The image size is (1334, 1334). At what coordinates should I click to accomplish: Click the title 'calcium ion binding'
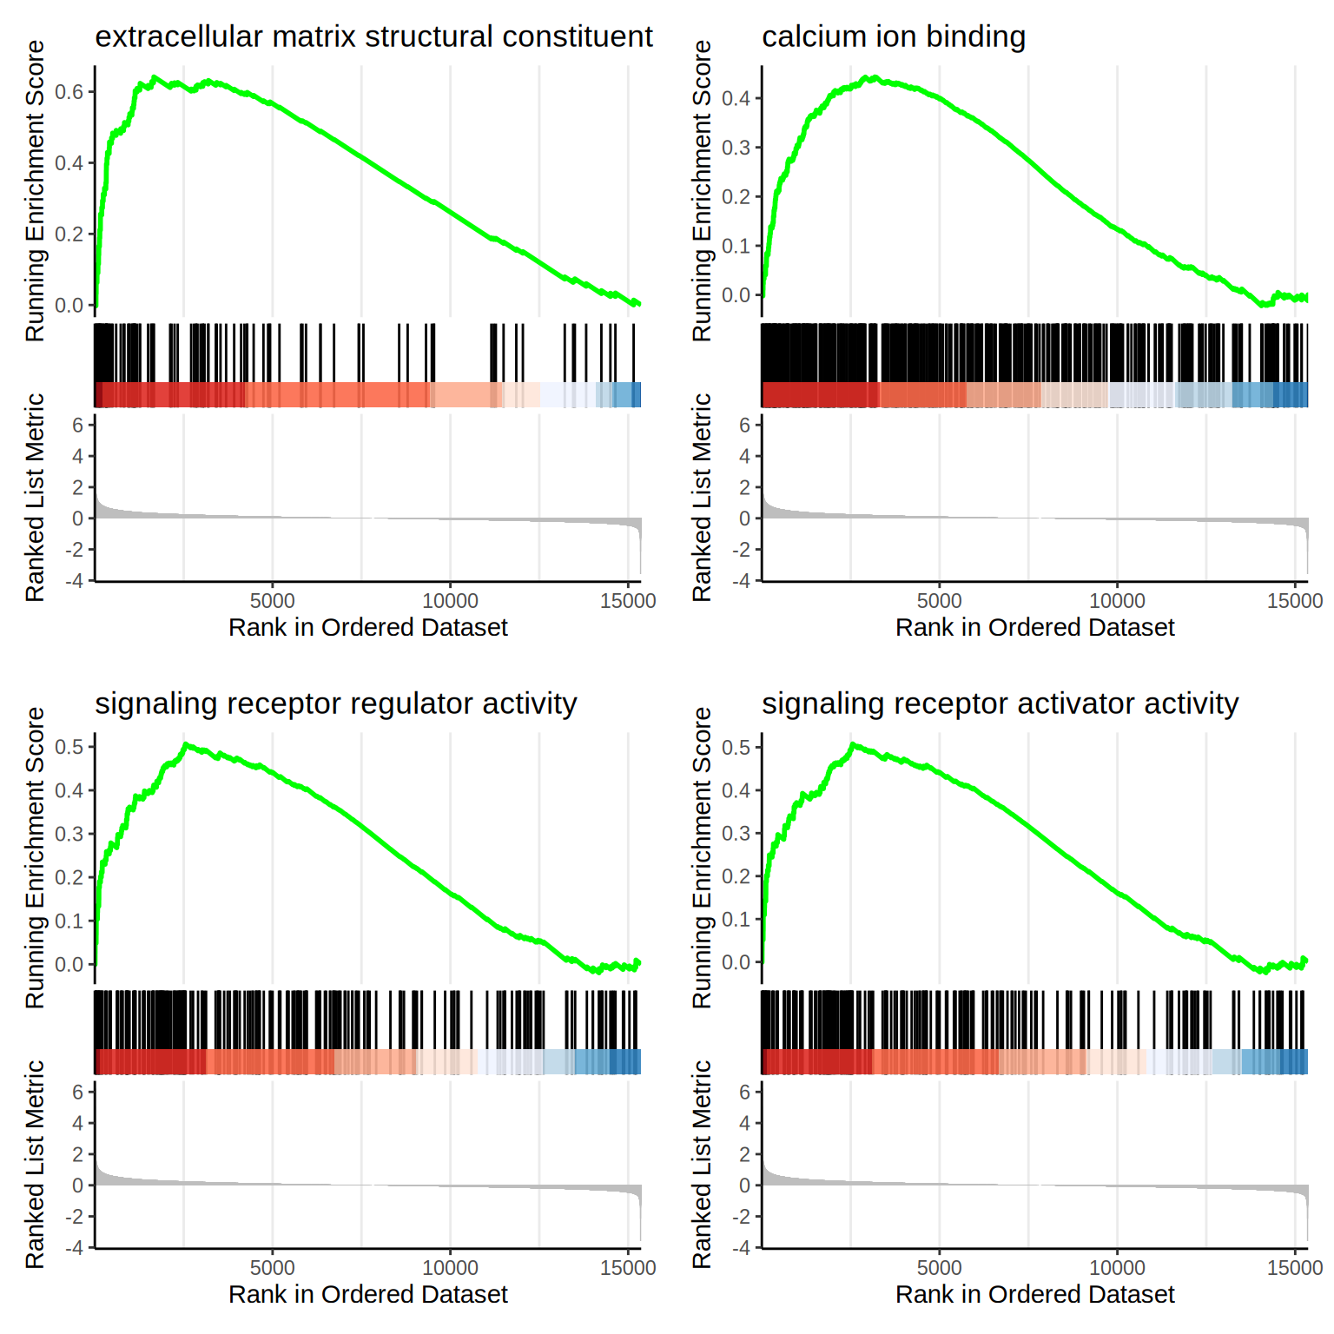click(x=893, y=36)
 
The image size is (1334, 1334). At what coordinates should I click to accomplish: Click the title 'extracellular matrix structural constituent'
click(x=373, y=36)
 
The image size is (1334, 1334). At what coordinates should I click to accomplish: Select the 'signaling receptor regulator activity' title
click(x=335, y=703)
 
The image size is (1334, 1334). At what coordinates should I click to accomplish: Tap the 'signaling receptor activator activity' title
click(x=1000, y=703)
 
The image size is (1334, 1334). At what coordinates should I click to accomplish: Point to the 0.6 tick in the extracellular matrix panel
click(x=69, y=92)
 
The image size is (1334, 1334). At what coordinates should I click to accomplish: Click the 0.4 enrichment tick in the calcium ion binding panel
click(x=736, y=98)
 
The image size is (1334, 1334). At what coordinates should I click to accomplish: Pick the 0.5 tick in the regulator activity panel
click(x=69, y=747)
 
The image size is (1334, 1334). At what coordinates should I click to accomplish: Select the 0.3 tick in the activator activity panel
click(x=736, y=833)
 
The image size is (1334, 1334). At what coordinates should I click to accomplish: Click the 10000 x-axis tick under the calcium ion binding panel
click(x=1117, y=601)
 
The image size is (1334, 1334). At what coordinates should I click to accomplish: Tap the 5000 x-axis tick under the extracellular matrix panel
click(x=273, y=601)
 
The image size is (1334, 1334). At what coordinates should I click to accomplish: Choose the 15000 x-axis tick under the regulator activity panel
click(x=628, y=1268)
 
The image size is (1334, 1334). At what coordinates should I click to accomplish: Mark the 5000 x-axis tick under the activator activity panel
click(x=940, y=1268)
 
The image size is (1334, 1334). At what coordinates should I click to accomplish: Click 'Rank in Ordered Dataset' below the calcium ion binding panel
click(x=1034, y=627)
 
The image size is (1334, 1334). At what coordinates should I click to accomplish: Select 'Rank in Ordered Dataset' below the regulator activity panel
click(x=367, y=1294)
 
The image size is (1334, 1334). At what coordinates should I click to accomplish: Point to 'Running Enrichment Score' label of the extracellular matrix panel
click(x=35, y=191)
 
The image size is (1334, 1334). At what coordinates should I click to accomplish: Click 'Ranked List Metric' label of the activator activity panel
click(x=702, y=1164)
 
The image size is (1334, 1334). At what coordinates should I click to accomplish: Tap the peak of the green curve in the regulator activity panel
click(x=185, y=745)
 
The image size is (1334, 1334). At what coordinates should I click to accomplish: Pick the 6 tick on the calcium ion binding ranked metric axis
click(x=744, y=426)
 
